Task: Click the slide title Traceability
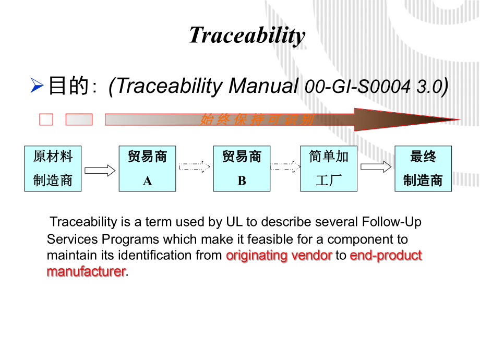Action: click(x=247, y=35)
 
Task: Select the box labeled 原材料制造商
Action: click(x=53, y=169)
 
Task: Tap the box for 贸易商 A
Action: click(x=147, y=169)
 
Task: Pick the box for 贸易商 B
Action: click(x=242, y=169)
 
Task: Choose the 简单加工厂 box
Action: click(x=329, y=169)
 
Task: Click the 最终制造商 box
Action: click(x=423, y=169)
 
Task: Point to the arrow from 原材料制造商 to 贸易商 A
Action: click(x=100, y=170)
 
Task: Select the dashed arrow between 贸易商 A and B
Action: click(x=194, y=167)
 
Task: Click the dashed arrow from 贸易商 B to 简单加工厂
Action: click(x=285, y=167)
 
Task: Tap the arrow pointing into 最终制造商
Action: click(x=376, y=167)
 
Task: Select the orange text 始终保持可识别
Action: click(x=257, y=120)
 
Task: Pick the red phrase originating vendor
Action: click(x=279, y=256)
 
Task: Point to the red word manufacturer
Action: click(x=86, y=272)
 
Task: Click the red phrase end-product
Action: click(x=386, y=256)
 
